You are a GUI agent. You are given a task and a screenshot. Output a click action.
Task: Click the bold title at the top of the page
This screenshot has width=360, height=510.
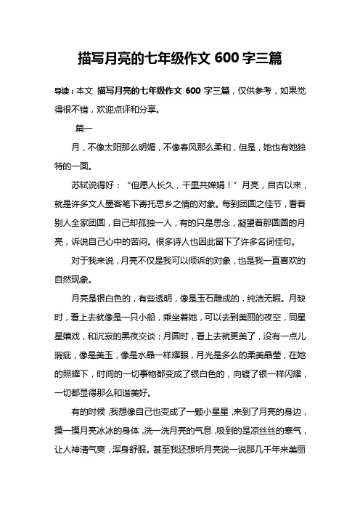pos(179,56)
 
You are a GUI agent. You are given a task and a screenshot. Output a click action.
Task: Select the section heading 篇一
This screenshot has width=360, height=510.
pos(84,128)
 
